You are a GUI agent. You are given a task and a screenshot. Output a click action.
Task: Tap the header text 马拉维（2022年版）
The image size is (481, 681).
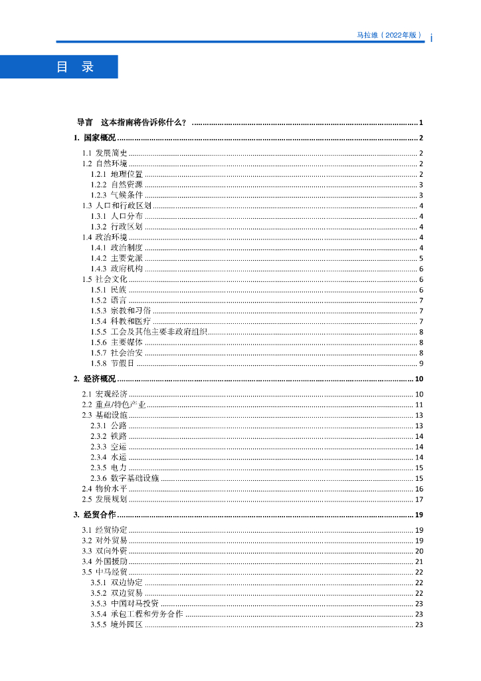point(390,35)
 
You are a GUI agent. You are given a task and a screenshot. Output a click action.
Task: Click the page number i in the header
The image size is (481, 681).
point(431,38)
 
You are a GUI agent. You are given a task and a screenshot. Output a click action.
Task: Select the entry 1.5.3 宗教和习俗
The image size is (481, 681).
point(121,311)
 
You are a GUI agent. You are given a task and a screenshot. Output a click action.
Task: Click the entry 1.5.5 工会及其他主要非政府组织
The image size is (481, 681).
point(149,332)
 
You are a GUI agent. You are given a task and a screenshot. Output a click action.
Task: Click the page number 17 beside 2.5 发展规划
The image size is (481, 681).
point(419,499)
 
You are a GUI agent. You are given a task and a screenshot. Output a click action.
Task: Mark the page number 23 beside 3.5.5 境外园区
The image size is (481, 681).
point(419,624)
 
